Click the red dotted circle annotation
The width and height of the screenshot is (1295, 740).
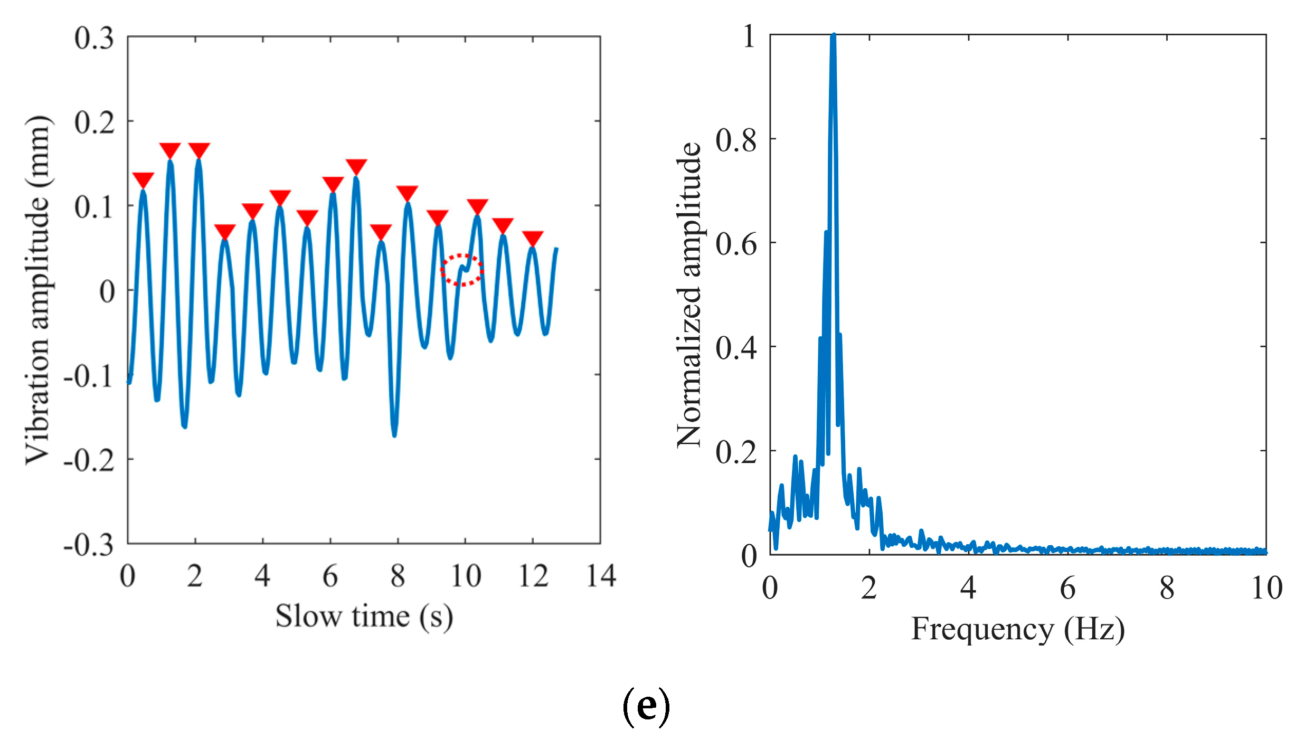coord(462,270)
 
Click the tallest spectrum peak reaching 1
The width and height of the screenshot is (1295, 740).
coord(833,37)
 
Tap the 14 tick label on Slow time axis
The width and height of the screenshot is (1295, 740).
coord(601,576)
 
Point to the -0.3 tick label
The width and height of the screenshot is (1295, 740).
coord(89,545)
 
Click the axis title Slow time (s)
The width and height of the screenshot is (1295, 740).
coord(364,616)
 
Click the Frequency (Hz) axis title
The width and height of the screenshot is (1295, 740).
coord(1017,629)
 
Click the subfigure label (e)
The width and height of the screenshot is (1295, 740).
coord(646,707)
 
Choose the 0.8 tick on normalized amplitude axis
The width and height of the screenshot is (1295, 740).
coord(736,140)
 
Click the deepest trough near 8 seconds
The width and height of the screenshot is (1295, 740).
coord(394,434)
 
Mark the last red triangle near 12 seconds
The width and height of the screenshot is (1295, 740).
coord(533,238)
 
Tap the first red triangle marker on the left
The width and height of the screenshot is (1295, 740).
coord(143,179)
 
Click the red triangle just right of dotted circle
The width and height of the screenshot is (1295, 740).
coord(477,206)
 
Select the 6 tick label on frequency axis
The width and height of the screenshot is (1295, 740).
coord(1067,588)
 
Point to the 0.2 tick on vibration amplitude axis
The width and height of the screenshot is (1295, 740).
coord(94,122)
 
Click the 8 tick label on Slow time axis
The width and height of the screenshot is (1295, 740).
coord(398,576)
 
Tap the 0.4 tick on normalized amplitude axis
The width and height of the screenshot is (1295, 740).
coord(736,348)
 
